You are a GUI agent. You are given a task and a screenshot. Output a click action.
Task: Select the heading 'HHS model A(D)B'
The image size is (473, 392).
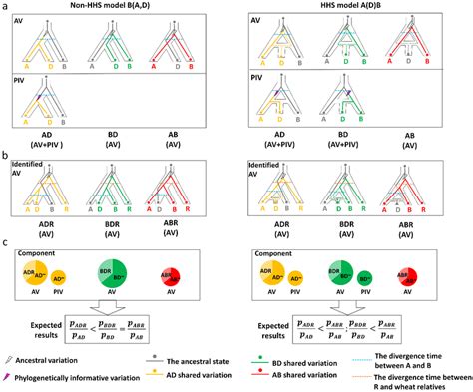(x=358, y=7)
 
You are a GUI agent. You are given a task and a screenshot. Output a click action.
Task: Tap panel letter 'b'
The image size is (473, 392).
(x=5, y=157)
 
